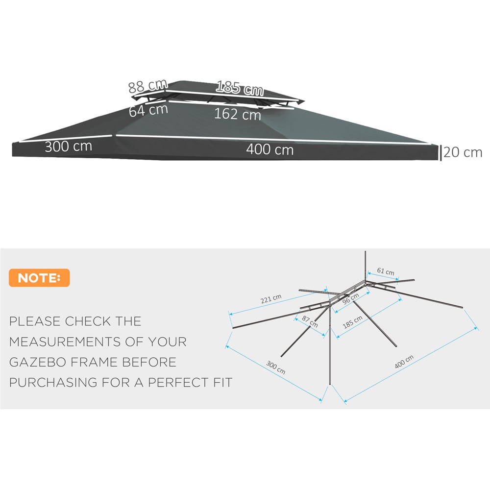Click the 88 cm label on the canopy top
(148, 86)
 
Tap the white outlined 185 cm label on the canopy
(240, 88)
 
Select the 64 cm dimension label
(148, 110)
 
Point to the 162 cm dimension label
(238, 114)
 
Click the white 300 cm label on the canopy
(69, 146)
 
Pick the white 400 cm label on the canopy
(269, 149)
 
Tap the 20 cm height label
(463, 152)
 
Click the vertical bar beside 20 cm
(441, 153)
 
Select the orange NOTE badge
(39, 277)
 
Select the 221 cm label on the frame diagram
(271, 299)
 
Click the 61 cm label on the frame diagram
(386, 271)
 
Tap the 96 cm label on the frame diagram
(351, 299)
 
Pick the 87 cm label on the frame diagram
(310, 321)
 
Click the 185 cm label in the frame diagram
(352, 322)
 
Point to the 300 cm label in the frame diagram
(275, 367)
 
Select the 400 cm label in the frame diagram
(404, 362)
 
